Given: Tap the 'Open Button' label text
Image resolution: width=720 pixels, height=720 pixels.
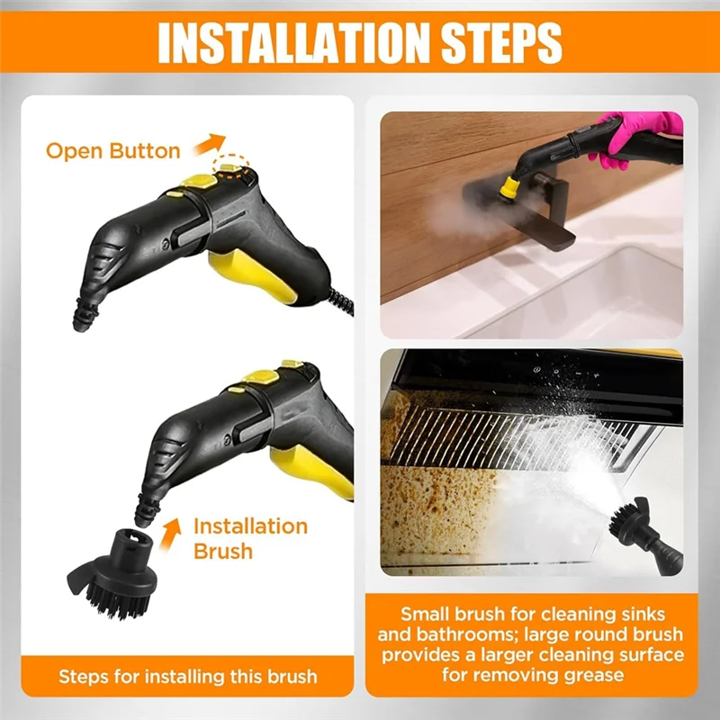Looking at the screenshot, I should click(113, 150).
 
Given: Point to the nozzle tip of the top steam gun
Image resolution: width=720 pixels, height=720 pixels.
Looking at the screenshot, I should click(85, 316).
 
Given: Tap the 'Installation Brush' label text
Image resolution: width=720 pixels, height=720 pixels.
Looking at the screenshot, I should click(250, 537).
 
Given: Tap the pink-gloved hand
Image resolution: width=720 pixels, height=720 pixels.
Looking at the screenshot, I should click(630, 139).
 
